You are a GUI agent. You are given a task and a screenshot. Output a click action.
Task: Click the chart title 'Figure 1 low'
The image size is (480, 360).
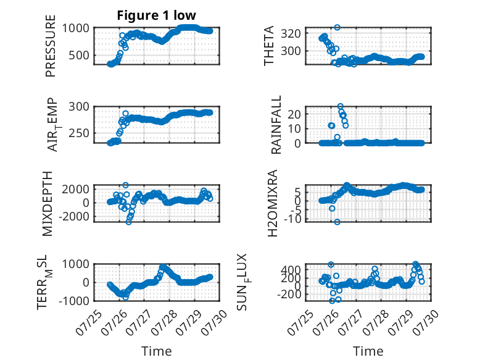point(156,15)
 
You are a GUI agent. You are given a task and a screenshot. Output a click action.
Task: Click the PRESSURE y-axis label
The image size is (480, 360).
point(51,46)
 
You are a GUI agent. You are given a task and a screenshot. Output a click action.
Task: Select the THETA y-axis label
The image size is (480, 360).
point(269,46)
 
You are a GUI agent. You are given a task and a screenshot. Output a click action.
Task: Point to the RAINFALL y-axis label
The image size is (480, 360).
point(276,125)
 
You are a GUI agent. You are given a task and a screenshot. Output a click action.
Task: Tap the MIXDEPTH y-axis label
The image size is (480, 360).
point(48,204)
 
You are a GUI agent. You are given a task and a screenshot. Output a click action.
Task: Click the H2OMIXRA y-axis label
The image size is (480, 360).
point(273,203)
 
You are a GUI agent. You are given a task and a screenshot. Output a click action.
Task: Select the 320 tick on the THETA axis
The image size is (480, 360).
point(291,33)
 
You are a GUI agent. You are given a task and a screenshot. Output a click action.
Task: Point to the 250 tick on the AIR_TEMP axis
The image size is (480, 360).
point(79,133)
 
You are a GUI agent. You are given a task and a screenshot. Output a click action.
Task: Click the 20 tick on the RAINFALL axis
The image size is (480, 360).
point(294,114)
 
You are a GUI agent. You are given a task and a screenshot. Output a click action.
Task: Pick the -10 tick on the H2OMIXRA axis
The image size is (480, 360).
point(292,219)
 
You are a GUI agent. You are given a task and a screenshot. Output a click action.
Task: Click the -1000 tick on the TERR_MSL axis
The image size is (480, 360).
point(74,301)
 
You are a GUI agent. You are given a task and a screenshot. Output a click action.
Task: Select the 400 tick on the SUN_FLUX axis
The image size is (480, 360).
point(291,270)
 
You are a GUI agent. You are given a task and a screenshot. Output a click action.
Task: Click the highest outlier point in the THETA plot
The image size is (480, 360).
point(337,28)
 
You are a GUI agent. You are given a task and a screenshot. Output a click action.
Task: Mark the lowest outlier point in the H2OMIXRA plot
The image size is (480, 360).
point(337,222)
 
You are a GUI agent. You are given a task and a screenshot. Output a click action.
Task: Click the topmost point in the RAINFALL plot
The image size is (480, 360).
point(341,106)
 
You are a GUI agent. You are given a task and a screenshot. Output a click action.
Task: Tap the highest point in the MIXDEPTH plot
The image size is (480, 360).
point(125,185)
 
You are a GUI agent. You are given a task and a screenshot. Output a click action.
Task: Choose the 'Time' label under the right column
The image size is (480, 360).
point(368,351)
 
